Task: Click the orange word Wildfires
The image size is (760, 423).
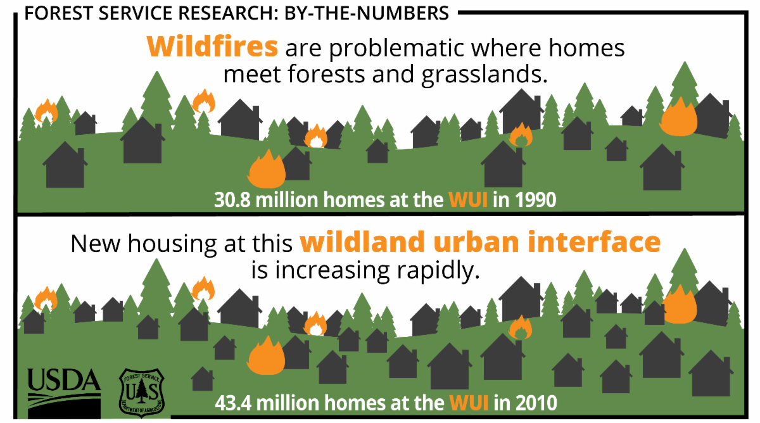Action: click(x=212, y=47)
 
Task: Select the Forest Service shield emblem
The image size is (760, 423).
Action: click(x=142, y=389)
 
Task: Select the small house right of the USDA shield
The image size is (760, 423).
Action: click(x=203, y=379)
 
